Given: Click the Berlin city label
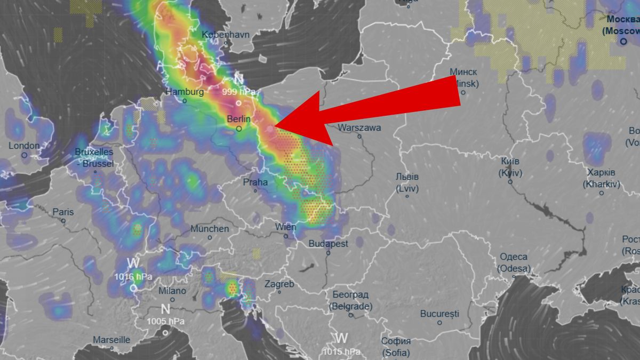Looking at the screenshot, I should pyautogui.click(x=238, y=119).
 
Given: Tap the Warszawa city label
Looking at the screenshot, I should pyautogui.click(x=359, y=128).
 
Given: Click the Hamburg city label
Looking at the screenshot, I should pyautogui.click(x=185, y=92).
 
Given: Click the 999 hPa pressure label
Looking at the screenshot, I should pyautogui.click(x=238, y=92).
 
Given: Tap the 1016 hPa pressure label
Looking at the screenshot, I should pyautogui.click(x=133, y=276).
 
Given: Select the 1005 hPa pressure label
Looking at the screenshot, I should pyautogui.click(x=165, y=321).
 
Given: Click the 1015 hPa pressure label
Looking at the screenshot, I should pyautogui.click(x=341, y=351).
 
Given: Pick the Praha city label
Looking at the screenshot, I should pyautogui.click(x=255, y=182).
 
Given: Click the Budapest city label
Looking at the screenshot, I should pyautogui.click(x=329, y=244).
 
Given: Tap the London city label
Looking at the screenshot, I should pyautogui.click(x=24, y=146).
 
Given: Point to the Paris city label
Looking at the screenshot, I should pyautogui.click(x=63, y=212).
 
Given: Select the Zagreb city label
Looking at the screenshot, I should pyautogui.click(x=279, y=284).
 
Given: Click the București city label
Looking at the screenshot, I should pyautogui.click(x=439, y=314).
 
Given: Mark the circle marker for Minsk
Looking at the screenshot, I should pyautogui.click(x=463, y=93).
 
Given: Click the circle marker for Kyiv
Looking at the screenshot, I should pyautogui.click(x=510, y=182).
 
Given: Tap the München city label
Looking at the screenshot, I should pyautogui.click(x=210, y=229).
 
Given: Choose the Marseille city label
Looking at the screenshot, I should pyautogui.click(x=111, y=340).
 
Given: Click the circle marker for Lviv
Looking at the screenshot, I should pyautogui.click(x=407, y=196).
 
